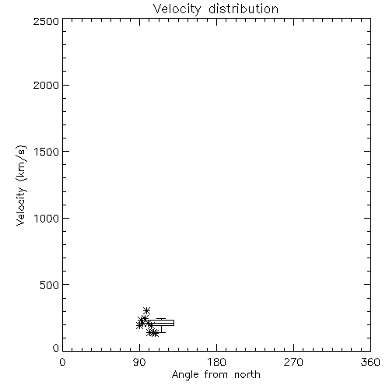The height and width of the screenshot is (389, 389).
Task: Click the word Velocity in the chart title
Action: (x=177, y=9)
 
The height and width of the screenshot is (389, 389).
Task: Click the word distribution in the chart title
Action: (x=244, y=9)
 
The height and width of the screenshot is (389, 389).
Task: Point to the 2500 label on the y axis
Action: (x=46, y=21)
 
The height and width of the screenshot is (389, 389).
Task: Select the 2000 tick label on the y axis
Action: (x=46, y=85)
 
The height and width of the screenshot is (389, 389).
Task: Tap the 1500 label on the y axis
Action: (x=47, y=152)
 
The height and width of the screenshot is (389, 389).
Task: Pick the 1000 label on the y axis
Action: (x=47, y=218)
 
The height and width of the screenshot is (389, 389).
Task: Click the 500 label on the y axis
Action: (x=50, y=285)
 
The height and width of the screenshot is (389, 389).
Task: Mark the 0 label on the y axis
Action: (x=56, y=348)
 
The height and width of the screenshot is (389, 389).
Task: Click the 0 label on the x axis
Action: (x=62, y=362)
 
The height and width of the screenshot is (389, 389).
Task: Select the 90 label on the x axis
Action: (x=139, y=362)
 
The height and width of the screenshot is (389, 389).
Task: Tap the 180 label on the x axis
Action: (x=216, y=362)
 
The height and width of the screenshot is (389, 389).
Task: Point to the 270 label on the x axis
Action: (x=293, y=362)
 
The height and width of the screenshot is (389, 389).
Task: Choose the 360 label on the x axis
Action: (x=370, y=362)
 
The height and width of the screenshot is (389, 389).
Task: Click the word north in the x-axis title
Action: (x=247, y=375)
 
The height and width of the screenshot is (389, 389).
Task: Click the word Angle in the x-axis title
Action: (x=185, y=376)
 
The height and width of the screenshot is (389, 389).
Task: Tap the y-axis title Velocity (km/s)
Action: (x=21, y=185)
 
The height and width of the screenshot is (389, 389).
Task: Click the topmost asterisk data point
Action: (x=147, y=310)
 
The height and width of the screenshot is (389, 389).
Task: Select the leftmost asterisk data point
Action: (x=139, y=325)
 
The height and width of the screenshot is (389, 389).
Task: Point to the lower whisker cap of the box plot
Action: (x=161, y=332)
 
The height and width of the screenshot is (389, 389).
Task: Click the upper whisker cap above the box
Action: (x=161, y=319)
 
